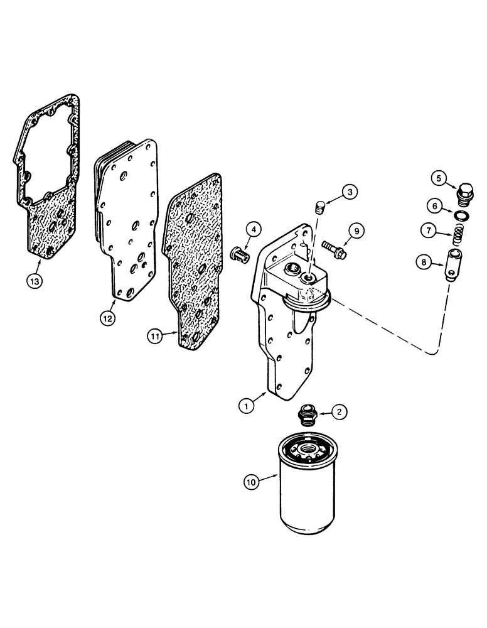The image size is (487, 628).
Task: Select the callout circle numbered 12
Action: tap(108, 319)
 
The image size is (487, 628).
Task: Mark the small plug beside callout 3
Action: tap(320, 207)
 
